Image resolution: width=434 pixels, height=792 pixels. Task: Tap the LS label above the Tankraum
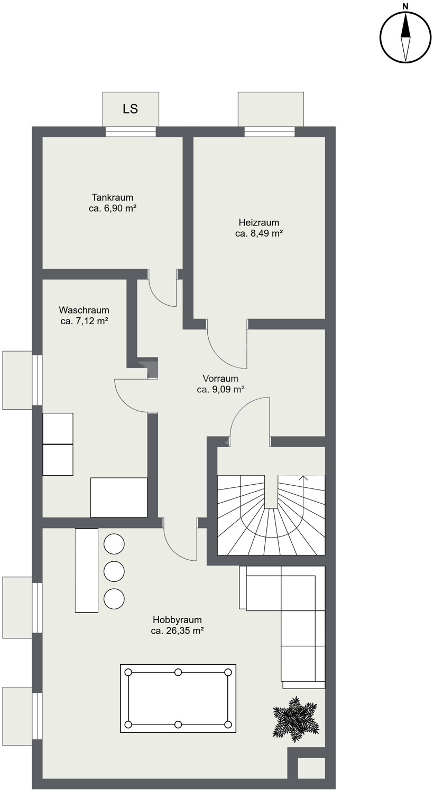click(130, 109)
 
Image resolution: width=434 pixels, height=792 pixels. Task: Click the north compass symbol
click(405, 37)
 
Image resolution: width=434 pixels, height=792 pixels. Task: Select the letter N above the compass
click(405, 6)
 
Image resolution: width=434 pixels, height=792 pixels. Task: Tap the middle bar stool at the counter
click(114, 571)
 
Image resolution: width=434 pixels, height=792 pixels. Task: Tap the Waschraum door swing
click(131, 395)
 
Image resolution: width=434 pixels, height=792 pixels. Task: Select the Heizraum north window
click(270, 131)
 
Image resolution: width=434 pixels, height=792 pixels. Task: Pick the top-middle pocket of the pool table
click(178, 672)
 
